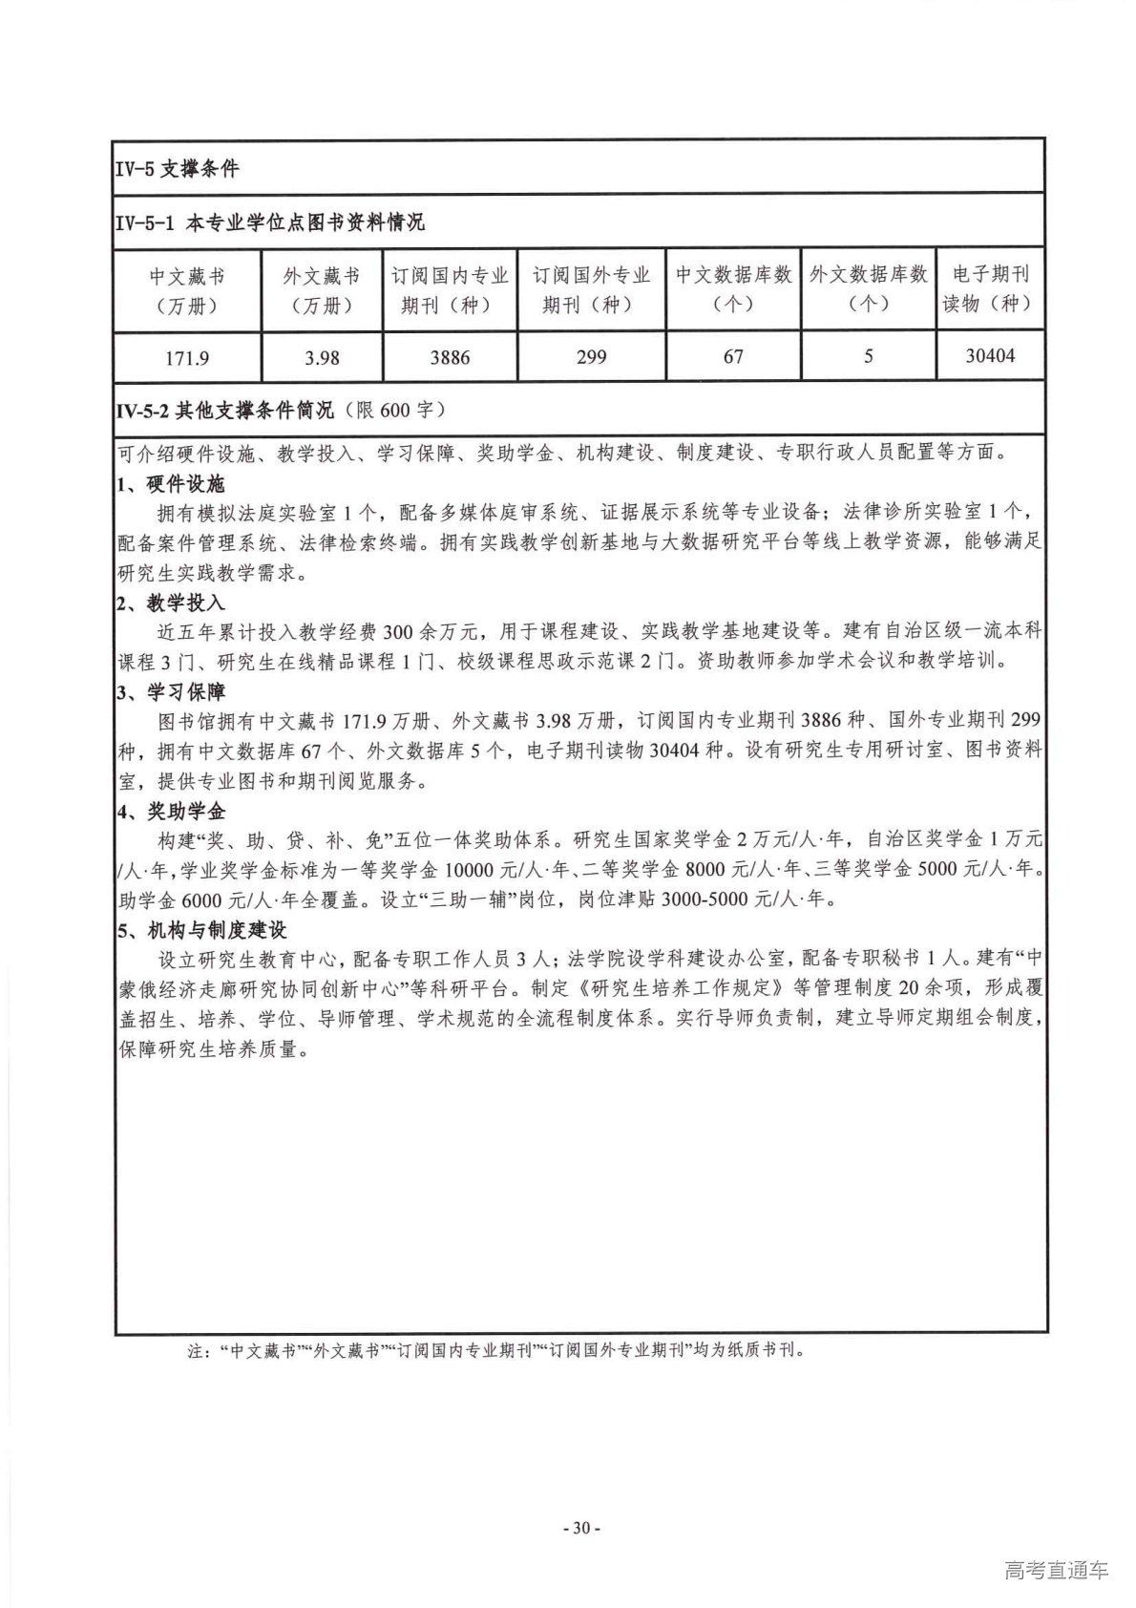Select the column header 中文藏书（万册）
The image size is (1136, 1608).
pyautogui.click(x=187, y=290)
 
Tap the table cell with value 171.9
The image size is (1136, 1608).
pyautogui.click(x=187, y=358)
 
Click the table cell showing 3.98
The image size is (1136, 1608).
pyautogui.click(x=322, y=358)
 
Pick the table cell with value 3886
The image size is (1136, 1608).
pyautogui.click(x=449, y=358)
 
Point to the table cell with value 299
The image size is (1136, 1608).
pyautogui.click(x=591, y=357)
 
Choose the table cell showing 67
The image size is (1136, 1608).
pyautogui.click(x=733, y=357)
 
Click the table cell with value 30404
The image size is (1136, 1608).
pyautogui.click(x=990, y=356)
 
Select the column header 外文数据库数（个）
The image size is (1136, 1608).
pyautogui.click(x=869, y=289)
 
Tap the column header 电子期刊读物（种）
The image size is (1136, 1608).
pyautogui.click(x=990, y=289)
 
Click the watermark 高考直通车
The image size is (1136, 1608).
pyautogui.click(x=1057, y=1571)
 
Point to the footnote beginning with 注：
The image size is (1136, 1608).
pyautogui.click(x=496, y=1351)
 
